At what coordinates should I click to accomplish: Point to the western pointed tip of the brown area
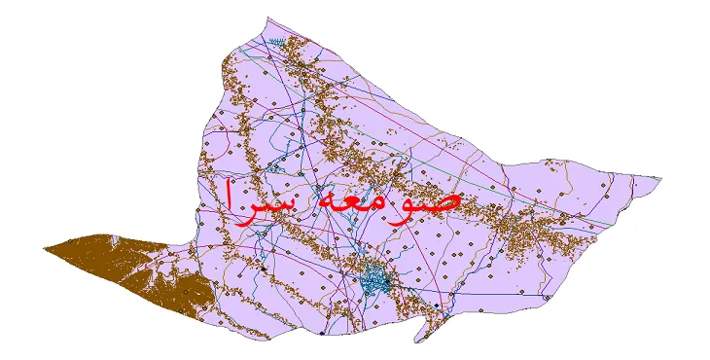click(x=45, y=249)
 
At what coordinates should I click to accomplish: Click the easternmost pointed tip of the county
click(x=661, y=178)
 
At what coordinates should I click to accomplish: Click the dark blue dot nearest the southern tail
click(x=438, y=313)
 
